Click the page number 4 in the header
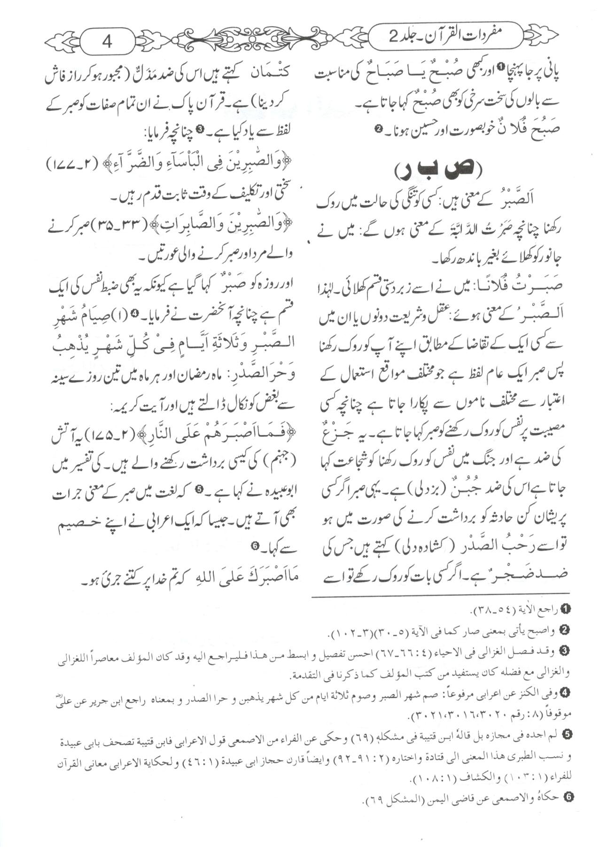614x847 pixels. (x=108, y=42)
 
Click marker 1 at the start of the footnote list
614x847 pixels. (x=566, y=609)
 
